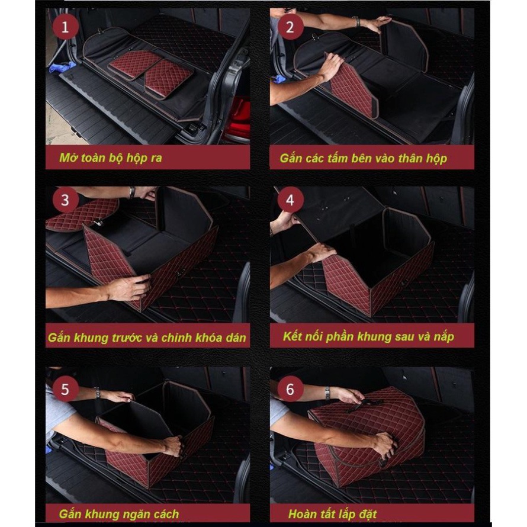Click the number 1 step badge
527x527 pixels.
(x=65, y=27)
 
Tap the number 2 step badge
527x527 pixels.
(x=290, y=27)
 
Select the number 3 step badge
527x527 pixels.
(x=65, y=200)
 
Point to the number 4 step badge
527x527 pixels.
(x=290, y=200)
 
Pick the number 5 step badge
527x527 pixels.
(x=65, y=389)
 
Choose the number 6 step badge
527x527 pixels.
(x=290, y=389)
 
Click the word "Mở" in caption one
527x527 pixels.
(x=66, y=158)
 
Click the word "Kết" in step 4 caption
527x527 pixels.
(x=293, y=336)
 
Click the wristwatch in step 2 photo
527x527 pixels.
(x=358, y=21)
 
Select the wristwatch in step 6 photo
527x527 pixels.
(x=327, y=393)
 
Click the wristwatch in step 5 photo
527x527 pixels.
(x=97, y=393)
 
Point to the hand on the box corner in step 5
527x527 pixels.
(x=173, y=445)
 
